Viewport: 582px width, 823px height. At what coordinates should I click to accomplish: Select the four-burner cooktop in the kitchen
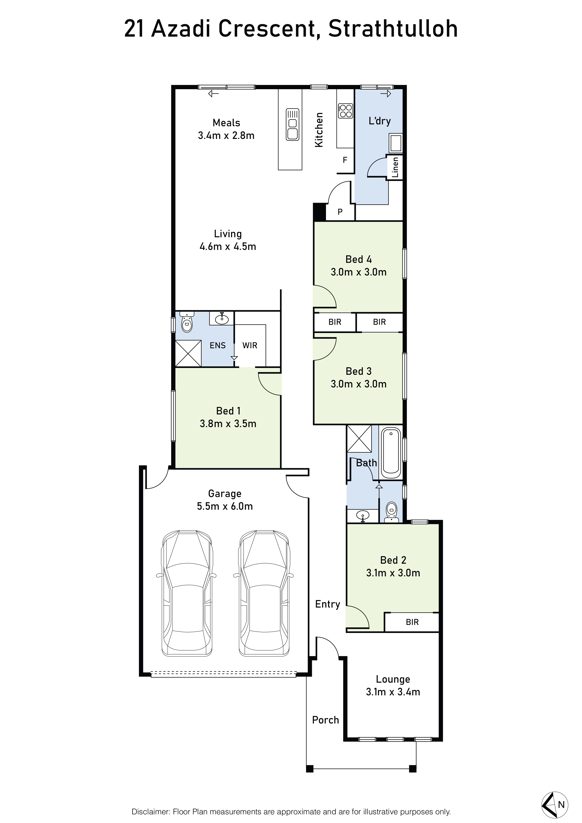point(345,111)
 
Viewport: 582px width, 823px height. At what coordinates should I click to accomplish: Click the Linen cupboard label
point(395,167)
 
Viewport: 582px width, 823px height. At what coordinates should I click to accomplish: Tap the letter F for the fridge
point(345,160)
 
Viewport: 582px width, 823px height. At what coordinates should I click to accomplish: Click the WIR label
point(250,345)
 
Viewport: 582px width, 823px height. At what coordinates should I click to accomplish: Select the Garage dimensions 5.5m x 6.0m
point(225,506)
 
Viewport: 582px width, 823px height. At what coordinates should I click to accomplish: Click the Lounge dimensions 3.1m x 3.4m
point(393,692)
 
